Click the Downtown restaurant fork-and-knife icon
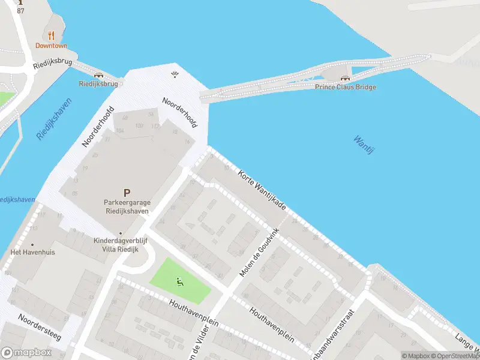51,35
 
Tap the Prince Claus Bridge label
346,87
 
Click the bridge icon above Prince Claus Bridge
345,78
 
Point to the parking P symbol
127,193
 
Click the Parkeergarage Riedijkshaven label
126,206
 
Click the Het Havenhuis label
33,252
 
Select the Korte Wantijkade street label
262,190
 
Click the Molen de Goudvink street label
260,253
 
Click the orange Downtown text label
51,46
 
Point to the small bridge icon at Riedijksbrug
98,76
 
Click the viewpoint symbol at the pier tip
175,75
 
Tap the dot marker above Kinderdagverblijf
121,233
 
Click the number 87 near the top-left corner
21,11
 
